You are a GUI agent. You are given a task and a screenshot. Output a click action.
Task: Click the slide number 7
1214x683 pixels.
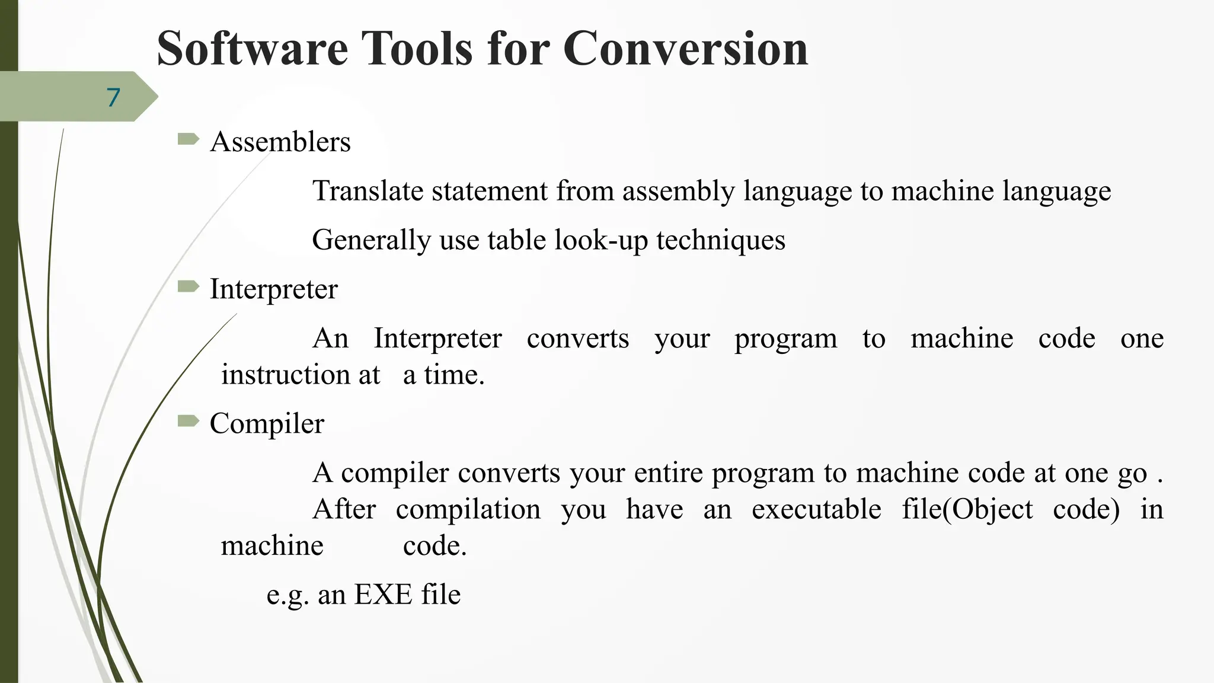(x=113, y=97)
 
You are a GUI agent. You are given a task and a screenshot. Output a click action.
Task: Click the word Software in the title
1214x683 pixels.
(x=252, y=49)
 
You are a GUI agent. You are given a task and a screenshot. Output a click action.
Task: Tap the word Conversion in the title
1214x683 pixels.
(x=685, y=49)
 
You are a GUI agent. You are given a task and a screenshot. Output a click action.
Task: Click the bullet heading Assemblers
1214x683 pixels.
(x=280, y=142)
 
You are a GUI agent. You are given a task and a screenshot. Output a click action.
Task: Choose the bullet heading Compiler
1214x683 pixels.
(x=267, y=424)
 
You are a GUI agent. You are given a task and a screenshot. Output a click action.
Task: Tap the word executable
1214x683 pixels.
(x=816, y=510)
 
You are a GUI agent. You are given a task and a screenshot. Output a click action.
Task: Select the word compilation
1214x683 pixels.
(x=468, y=510)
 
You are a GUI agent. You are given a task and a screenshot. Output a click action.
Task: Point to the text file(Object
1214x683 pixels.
(x=967, y=510)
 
